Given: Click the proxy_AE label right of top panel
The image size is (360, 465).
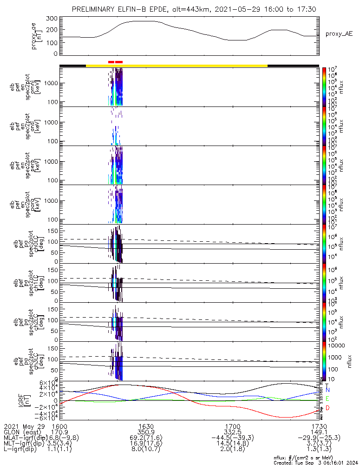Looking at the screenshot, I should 339,34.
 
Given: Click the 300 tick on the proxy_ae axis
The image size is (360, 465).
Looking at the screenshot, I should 52,19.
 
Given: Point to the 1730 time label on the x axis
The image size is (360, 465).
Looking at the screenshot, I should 319,426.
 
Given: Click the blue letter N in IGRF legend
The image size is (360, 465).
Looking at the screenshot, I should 328,390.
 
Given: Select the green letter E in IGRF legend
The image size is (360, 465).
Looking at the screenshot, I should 328,399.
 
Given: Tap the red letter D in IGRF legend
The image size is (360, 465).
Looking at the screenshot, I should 328,408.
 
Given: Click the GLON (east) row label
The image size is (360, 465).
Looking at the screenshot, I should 22,432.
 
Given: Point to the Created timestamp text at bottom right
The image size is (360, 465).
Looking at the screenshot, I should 315,463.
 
